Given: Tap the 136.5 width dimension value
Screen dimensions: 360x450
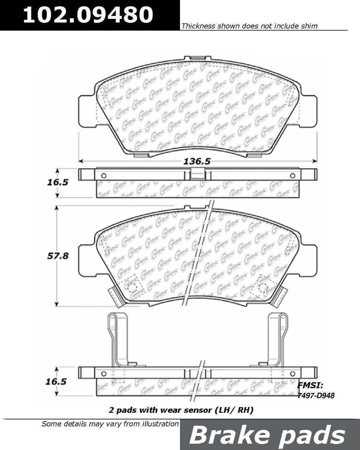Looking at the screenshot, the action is (x=197, y=161).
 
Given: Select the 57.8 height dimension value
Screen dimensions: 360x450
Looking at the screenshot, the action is (x=58, y=256).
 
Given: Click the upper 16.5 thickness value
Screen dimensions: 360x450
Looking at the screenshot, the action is (x=58, y=182).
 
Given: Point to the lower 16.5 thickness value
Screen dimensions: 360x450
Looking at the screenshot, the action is (x=56, y=382).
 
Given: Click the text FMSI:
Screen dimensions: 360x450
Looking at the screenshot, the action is (x=310, y=385).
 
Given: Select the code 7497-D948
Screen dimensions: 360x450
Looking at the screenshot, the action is (x=316, y=396).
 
